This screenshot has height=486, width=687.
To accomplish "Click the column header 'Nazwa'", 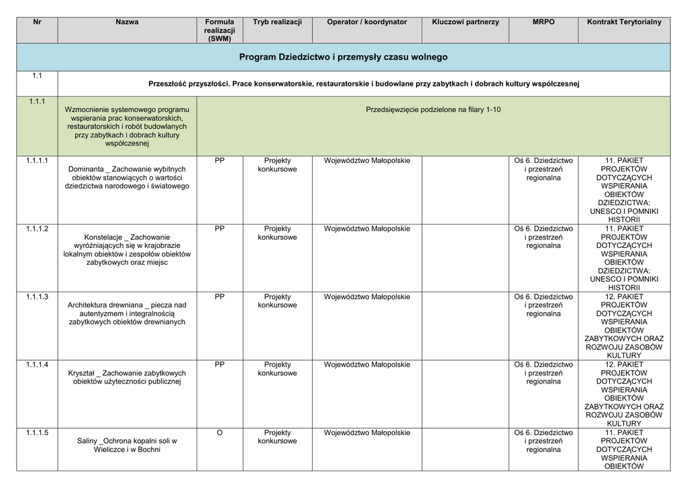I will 127,22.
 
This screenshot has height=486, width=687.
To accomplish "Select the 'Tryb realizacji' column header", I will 277,22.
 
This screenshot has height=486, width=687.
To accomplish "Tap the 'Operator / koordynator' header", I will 366,22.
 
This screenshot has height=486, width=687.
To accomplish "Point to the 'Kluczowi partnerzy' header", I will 466,22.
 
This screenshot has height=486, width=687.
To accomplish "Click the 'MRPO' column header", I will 543,22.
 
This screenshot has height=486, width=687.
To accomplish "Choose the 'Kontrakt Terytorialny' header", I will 624,22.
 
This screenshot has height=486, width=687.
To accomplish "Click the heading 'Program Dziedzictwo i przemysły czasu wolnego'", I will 343,58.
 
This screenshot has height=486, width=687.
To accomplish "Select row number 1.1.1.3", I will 37,297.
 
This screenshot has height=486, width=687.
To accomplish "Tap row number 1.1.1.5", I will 37,433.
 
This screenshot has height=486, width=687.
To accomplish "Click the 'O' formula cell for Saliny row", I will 219,433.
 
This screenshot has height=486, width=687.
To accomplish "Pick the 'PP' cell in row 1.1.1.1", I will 219,161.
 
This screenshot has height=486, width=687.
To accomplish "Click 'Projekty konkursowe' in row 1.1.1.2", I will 277,233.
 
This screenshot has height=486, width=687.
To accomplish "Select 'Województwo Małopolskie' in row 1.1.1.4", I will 366,365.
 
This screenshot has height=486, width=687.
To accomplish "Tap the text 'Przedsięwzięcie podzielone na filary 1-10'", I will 433,109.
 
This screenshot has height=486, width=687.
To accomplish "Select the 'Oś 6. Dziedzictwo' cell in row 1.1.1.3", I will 543,297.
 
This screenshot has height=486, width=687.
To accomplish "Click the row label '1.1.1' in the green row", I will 37,102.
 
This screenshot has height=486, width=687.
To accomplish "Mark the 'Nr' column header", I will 37,22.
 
